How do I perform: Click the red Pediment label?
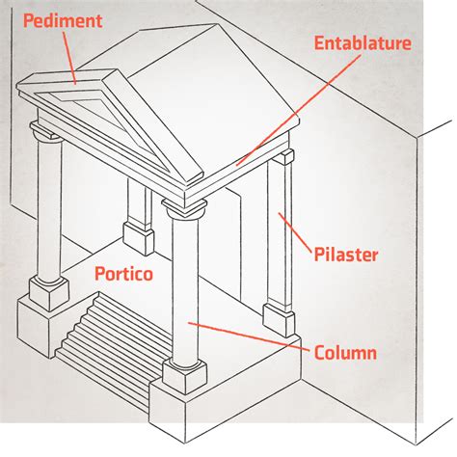pos(63,21)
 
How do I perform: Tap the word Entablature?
pos(363,43)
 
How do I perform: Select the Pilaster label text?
pos(346,255)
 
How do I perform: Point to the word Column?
pos(345,352)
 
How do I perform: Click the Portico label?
pos(123,274)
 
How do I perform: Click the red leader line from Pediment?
pos(69,58)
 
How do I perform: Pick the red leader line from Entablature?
pos(299,110)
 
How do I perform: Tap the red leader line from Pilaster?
pos(295,232)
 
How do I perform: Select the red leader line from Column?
pos(250,336)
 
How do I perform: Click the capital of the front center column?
pos(184,208)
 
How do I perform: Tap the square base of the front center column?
pos(184,377)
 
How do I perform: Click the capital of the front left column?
pos(47,131)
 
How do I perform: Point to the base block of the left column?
pos(49,293)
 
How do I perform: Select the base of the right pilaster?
pos(279,319)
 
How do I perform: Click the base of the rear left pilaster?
pos(138,238)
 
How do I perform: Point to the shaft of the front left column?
pos(49,209)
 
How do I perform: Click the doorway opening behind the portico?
pos(233,244)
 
